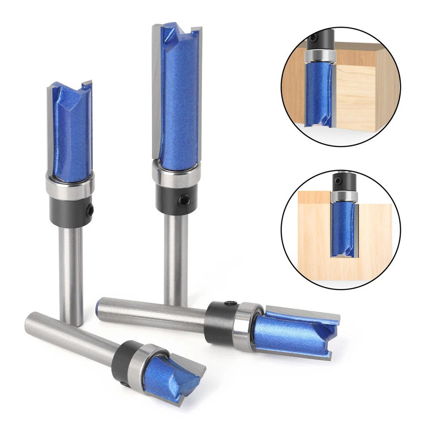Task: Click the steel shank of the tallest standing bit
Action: coord(176,255)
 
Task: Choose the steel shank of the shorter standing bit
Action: coord(71,272)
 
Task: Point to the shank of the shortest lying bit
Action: coord(69,337)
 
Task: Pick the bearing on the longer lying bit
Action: coord(246,326)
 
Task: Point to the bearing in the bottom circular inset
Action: coord(344,196)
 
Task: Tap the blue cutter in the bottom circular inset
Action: coord(344,229)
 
